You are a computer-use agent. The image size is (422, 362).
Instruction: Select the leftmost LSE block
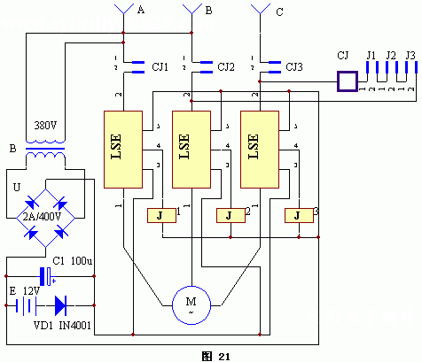pyautogui.click(x=123, y=149)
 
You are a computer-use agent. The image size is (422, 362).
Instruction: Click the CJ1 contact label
pyautogui.click(x=160, y=65)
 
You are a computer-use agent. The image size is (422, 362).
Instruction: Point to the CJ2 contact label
pyautogui.click(x=227, y=65)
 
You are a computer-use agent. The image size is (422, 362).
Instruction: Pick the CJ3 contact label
pyautogui.click(x=295, y=65)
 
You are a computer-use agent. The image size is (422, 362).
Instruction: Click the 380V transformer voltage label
pyautogui.click(x=45, y=124)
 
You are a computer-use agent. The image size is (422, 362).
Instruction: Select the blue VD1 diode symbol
pyautogui.click(x=60, y=306)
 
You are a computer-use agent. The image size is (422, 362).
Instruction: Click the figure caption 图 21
pyautogui.click(x=215, y=355)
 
